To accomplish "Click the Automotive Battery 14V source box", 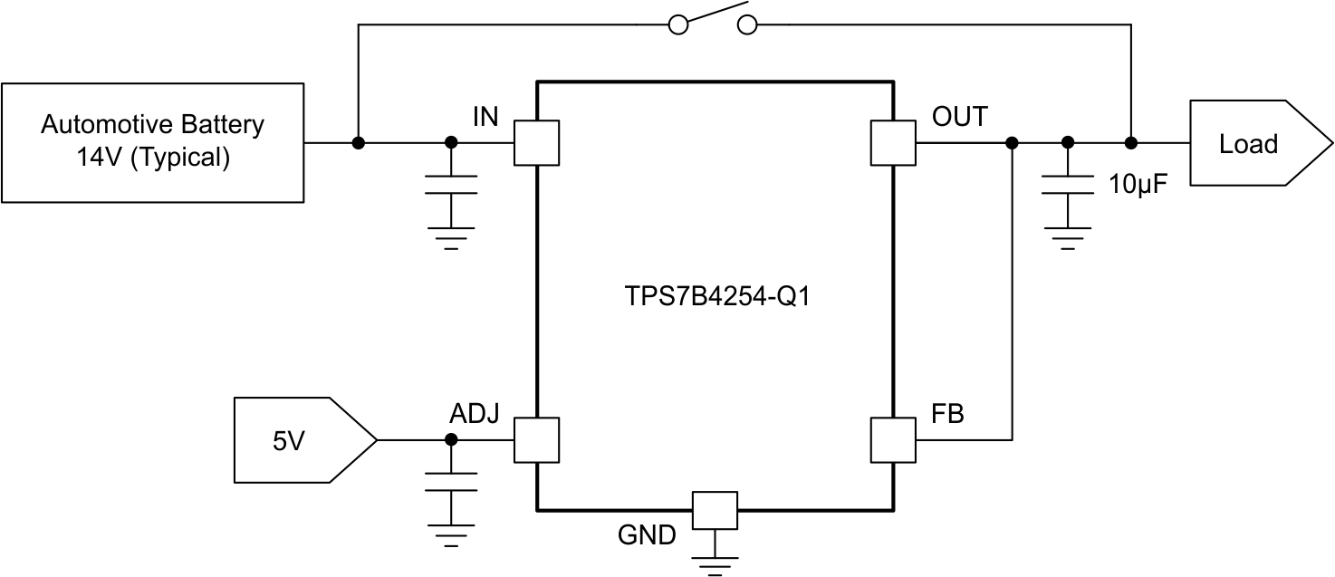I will [x=152, y=142].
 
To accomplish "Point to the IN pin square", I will [x=536, y=143].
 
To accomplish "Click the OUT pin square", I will [x=892, y=143].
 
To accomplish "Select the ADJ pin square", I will [x=536, y=439].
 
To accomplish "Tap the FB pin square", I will [x=892, y=439].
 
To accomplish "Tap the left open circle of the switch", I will [x=678, y=25].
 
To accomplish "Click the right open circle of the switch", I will [x=747, y=25].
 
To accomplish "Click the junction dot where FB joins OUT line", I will [x=1012, y=143].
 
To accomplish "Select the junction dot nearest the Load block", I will [x=1130, y=143].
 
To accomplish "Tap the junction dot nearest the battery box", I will [x=359, y=143].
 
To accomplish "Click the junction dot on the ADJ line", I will [x=451, y=439].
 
